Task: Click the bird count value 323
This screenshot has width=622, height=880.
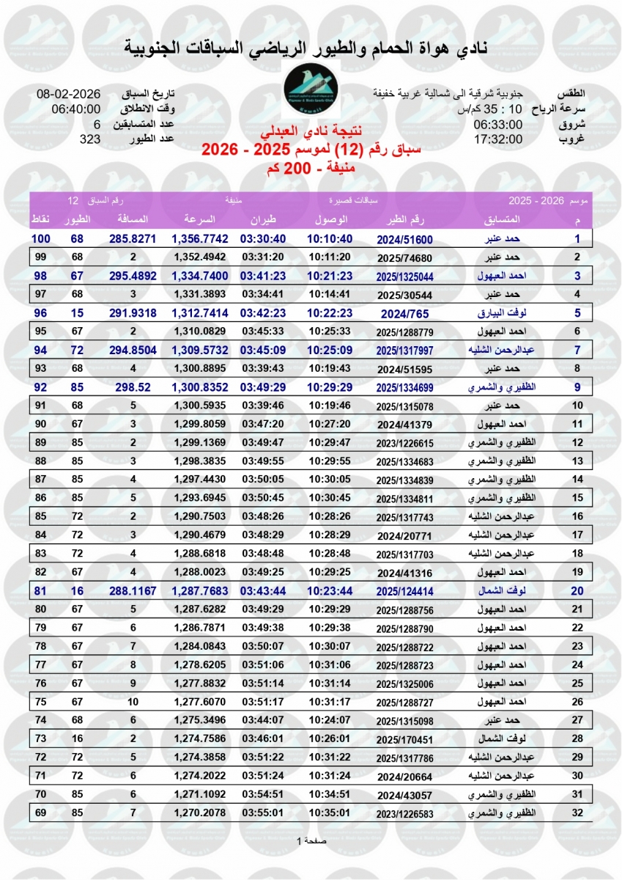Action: (89, 139)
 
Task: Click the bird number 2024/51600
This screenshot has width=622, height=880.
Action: (405, 239)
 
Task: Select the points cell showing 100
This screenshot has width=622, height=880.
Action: (40, 239)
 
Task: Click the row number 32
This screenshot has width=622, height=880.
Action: (577, 813)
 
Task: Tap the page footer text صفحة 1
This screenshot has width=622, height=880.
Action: (311, 840)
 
